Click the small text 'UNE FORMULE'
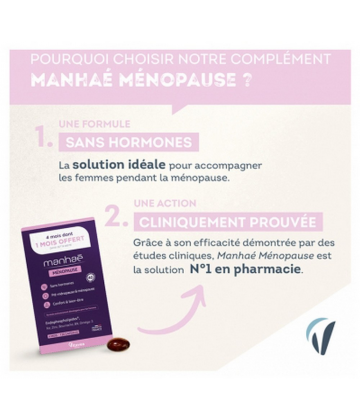85,123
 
